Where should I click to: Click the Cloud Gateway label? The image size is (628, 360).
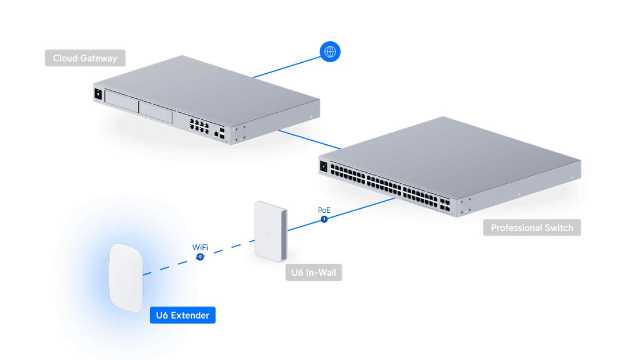click(85, 58)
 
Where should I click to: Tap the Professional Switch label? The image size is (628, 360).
click(531, 227)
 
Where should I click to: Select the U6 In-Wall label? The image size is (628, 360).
click(313, 272)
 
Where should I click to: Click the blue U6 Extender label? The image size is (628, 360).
click(183, 315)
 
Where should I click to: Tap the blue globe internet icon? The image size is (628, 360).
click(330, 52)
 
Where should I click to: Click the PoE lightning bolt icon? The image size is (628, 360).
click(324, 219)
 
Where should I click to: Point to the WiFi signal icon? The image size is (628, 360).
click(200, 256)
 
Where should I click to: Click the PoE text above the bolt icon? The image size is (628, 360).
click(324, 209)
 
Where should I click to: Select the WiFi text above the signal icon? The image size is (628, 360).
click(200, 248)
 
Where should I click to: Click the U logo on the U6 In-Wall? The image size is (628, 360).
click(268, 233)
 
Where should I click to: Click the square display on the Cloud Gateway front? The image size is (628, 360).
click(98, 94)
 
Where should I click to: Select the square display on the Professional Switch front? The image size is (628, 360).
click(323, 166)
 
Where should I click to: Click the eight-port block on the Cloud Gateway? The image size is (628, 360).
click(195, 124)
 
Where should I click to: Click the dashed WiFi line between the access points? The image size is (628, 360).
click(230, 249)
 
